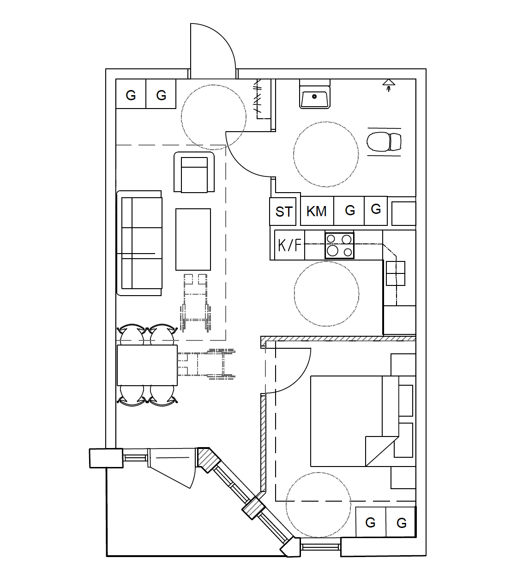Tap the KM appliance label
coord(316,212)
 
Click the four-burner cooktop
coord(339,246)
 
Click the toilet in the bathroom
coord(384,142)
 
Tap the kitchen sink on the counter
coord(395,273)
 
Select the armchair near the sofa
coord(194,172)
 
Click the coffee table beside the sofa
coord(193,239)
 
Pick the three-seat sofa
coord(139,243)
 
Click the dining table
coord(147,365)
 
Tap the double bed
coord(363,421)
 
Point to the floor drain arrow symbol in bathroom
coord(389,85)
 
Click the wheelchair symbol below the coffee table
coord(195,303)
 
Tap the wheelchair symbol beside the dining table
coord(206,364)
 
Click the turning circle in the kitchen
coord(326,294)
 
